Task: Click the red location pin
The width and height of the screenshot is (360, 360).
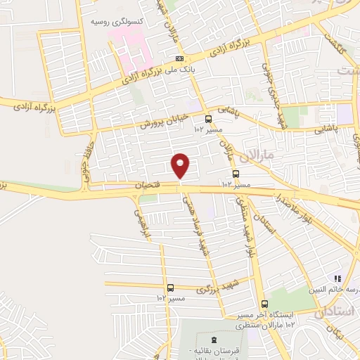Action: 181,165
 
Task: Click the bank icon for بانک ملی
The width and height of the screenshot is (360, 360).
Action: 180,58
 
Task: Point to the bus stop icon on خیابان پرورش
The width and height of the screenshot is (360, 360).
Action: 207,119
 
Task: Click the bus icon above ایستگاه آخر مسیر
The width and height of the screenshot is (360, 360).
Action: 264,304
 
